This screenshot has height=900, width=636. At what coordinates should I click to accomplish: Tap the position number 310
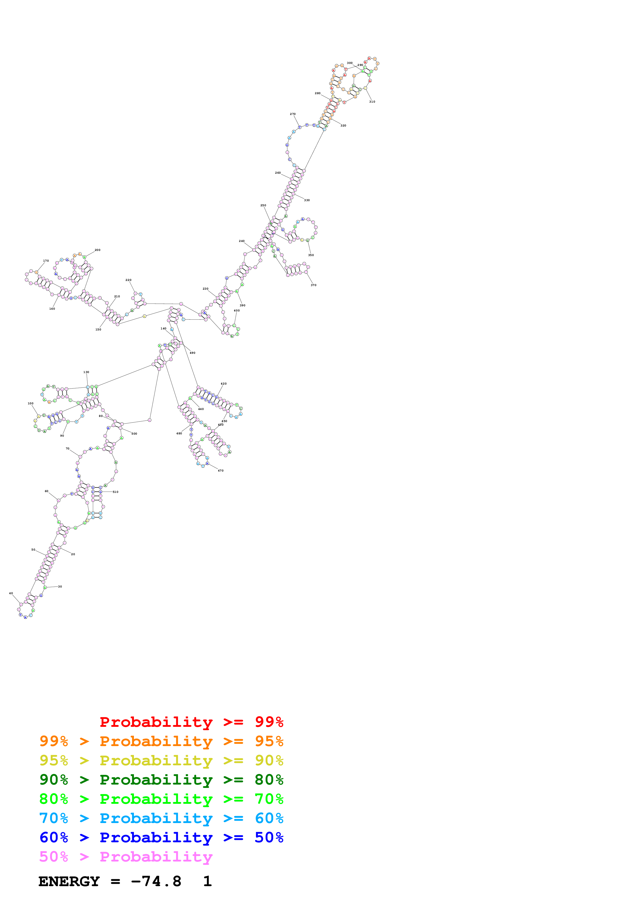coord(372,102)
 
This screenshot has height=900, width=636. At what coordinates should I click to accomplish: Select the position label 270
coord(293,114)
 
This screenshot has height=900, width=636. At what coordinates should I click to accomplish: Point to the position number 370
coord(314,285)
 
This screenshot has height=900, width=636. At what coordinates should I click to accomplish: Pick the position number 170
coord(46,261)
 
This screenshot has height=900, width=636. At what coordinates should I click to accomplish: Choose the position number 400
coord(237,310)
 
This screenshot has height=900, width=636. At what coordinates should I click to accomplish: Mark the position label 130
coord(86,372)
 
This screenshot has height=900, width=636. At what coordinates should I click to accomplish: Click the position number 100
coord(31,403)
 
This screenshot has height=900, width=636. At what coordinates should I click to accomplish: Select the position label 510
coord(116,492)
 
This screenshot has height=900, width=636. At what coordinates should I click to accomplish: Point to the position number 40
coord(11,593)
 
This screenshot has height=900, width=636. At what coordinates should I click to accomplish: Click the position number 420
coord(224,384)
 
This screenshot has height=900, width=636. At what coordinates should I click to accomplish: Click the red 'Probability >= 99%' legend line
coord(191,722)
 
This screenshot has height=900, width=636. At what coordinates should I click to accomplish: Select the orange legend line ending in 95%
coord(161,741)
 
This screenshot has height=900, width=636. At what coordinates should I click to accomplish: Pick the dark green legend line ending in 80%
coord(161,780)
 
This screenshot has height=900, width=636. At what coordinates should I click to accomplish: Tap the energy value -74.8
coord(156,882)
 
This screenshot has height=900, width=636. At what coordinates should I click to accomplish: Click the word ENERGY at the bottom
coord(69,882)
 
